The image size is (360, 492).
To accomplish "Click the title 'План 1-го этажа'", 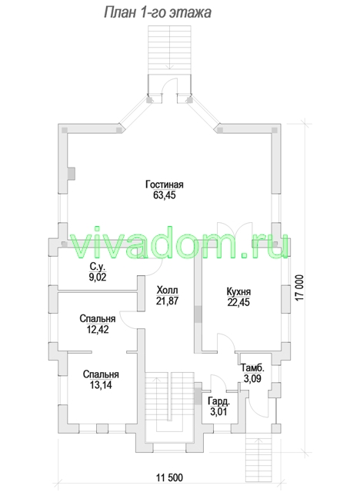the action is (157, 13).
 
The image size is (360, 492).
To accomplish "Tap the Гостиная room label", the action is (164, 184).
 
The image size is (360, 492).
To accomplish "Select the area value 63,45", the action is (164, 195).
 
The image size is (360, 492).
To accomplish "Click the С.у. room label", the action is (98, 267).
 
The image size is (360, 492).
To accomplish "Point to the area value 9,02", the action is (98, 277).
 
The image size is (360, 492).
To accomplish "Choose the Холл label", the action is (167, 290).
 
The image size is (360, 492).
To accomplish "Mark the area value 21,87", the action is (167, 301).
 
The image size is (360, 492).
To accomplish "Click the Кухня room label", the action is (238, 291).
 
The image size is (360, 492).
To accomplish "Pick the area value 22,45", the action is (238, 302).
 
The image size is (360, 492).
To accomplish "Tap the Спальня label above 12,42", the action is (97, 318).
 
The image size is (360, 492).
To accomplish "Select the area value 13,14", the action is (101, 385).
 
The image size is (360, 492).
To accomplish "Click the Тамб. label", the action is (252, 367).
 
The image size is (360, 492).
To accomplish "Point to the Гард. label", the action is (218, 401).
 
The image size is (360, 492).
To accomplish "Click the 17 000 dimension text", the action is (300, 288).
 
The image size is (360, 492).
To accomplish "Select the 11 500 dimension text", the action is (169, 478).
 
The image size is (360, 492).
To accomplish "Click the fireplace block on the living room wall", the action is (72, 174).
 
